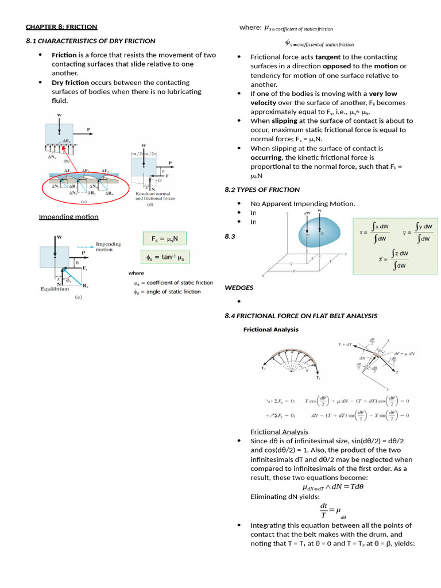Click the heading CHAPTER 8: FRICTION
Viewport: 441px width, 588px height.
61,27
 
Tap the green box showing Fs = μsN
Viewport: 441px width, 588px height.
165,238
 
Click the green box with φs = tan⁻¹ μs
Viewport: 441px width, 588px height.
165,257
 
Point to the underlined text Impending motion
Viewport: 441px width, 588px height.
68,216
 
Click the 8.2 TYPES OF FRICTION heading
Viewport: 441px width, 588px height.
262,189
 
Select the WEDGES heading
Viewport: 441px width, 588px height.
239,287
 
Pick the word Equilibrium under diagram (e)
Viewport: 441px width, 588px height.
55,288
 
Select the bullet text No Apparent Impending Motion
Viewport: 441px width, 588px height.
303,204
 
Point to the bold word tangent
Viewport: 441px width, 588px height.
329,57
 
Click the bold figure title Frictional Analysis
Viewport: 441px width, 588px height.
271,330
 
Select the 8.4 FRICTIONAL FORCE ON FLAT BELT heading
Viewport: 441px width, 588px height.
301,315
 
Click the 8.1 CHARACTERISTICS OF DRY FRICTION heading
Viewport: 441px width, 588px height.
91,41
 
